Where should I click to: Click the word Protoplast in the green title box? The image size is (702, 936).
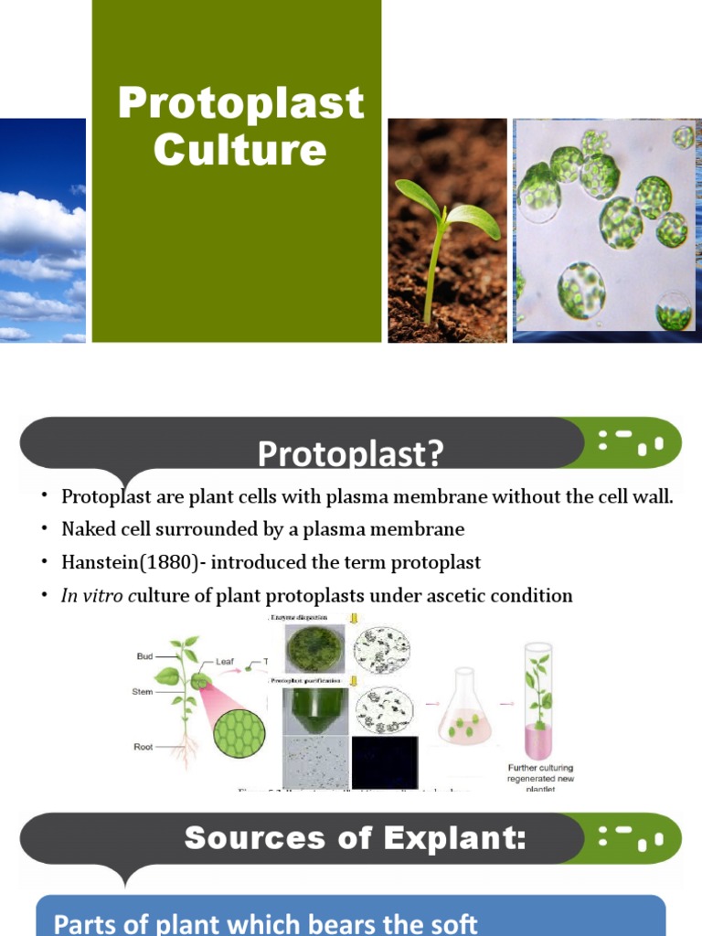240,103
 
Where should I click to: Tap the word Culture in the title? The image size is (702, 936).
239,150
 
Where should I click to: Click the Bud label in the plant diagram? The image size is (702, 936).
145,656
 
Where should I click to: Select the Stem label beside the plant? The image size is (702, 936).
143,693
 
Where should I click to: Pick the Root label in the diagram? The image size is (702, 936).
144,747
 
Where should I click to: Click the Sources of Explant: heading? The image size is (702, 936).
356,838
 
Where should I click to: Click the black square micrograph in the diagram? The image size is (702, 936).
384,762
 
